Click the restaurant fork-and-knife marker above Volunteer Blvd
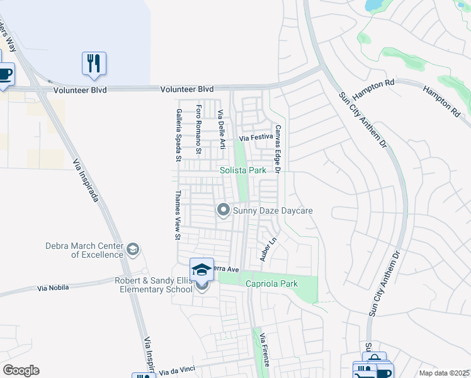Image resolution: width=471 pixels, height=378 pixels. (94, 64)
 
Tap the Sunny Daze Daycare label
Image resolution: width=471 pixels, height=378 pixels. (273, 210)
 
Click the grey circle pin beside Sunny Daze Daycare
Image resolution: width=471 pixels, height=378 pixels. (223, 210)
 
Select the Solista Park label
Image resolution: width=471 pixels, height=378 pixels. (242, 171)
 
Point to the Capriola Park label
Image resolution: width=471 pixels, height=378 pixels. (271, 284)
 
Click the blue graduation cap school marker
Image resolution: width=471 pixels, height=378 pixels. (201, 270)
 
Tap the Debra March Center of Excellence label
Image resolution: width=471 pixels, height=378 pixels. (84, 250)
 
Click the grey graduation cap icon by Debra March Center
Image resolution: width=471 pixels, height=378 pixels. (132, 250)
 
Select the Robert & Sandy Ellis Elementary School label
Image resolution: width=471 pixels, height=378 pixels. (153, 285)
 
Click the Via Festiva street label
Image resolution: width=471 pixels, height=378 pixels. (256, 137)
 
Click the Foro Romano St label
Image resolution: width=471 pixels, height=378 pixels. (198, 129)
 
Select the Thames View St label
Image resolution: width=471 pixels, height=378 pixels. (178, 215)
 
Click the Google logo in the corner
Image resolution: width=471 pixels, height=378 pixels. (21, 370)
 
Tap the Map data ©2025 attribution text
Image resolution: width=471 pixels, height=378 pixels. (443, 373)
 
